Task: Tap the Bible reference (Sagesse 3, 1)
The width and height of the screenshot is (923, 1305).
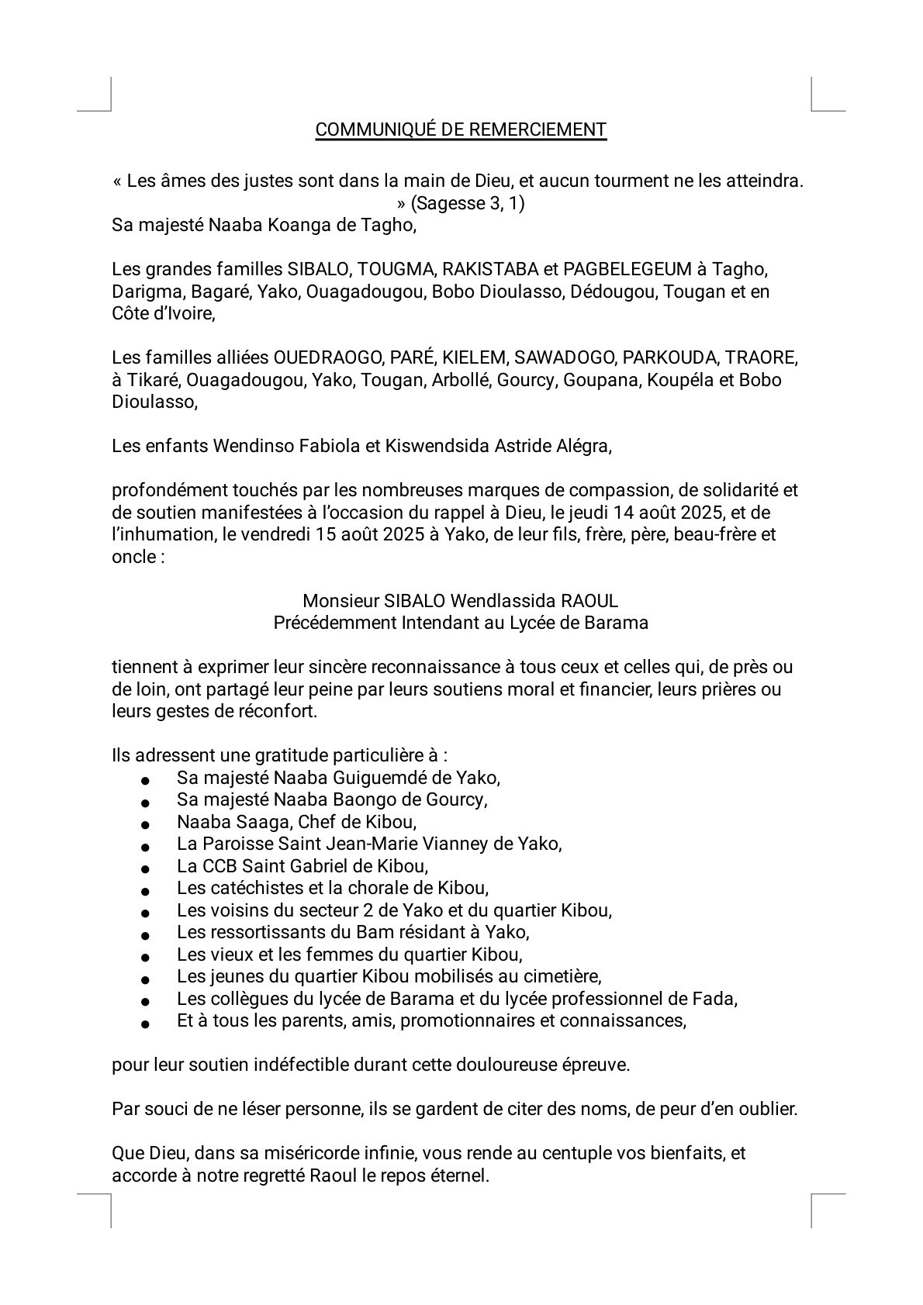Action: tap(468, 204)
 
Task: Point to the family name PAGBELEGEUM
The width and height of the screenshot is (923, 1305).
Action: tap(627, 270)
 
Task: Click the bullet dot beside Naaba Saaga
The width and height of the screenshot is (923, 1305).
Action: tap(144, 825)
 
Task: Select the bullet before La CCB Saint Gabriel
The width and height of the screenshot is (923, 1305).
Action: tap(144, 869)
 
